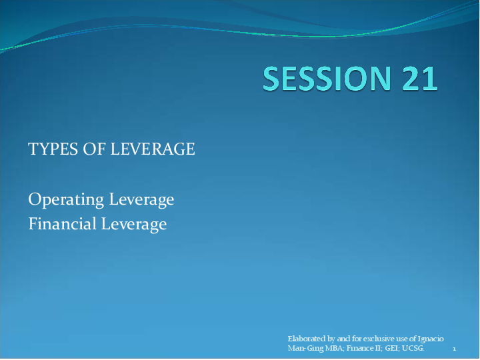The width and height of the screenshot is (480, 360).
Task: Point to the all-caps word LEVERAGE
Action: (x=153, y=149)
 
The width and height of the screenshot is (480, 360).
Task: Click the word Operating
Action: (x=66, y=199)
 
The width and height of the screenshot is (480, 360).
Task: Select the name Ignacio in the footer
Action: (x=430, y=339)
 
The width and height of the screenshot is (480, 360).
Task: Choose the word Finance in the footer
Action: (x=360, y=348)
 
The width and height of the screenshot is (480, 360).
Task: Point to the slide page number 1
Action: (x=454, y=349)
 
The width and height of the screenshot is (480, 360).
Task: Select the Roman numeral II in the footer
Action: (x=379, y=348)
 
